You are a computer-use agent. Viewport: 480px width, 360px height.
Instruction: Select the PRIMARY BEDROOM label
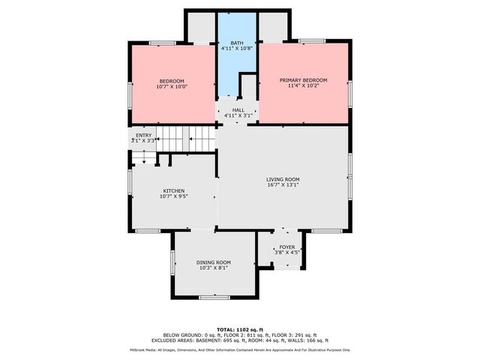point(303,80)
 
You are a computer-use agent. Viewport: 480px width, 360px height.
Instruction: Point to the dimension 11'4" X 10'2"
point(303,86)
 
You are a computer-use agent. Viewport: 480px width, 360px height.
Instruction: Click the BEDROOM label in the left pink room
point(172,81)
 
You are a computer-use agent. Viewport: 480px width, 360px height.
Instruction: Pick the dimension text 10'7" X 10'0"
point(172,87)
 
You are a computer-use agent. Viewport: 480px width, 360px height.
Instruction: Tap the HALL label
point(238,110)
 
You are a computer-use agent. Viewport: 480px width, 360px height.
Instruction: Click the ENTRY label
point(142,135)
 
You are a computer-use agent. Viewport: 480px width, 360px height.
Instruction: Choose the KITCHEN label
point(173,191)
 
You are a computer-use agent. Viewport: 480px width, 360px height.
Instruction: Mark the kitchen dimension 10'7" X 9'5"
point(173,197)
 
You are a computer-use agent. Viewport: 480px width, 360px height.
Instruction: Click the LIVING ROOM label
point(283,179)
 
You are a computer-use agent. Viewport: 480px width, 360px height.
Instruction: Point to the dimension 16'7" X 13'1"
point(283,185)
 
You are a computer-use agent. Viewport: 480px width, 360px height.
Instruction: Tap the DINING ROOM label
point(214,262)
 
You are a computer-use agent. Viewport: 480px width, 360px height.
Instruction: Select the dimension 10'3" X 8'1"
point(214,268)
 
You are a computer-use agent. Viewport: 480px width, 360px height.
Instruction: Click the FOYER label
point(287,247)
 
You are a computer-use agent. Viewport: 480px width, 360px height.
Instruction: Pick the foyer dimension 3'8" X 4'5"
point(287,253)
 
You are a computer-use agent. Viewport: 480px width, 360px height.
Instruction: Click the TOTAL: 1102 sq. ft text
point(240,329)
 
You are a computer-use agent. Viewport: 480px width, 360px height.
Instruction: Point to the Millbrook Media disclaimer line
point(240,349)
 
